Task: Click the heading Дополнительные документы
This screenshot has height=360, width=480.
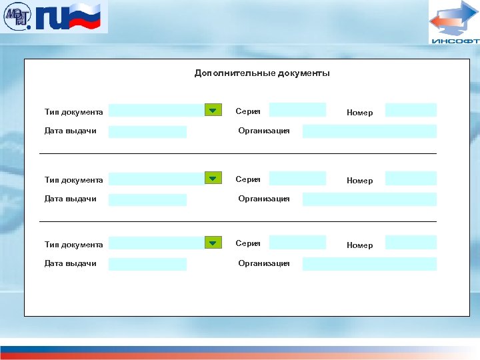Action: pos(262,73)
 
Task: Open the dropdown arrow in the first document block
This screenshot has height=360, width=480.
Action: pos(213,110)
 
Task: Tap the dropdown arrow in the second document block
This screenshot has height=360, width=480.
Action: pos(213,178)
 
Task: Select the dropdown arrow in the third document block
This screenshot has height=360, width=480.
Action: pos(213,243)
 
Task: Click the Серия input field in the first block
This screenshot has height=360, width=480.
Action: pos(297,110)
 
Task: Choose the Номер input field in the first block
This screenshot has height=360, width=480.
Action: pos(411,110)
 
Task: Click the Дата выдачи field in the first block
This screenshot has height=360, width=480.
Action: pos(147,131)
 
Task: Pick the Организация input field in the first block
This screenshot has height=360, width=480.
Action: pos(369,131)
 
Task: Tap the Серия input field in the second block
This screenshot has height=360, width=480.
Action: pos(297,178)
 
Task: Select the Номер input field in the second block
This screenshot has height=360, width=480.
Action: pos(411,178)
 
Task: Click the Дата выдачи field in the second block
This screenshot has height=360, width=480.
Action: pos(147,199)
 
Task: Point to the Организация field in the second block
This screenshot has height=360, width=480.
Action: pos(369,199)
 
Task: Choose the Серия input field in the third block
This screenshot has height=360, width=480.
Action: pos(297,243)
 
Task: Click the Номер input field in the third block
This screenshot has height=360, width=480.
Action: pos(411,243)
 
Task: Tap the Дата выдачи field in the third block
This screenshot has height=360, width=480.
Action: pos(147,264)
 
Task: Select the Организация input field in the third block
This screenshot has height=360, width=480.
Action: pos(369,264)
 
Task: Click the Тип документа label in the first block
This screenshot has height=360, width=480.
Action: pos(73,111)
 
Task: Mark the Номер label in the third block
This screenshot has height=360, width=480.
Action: pos(359,245)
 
